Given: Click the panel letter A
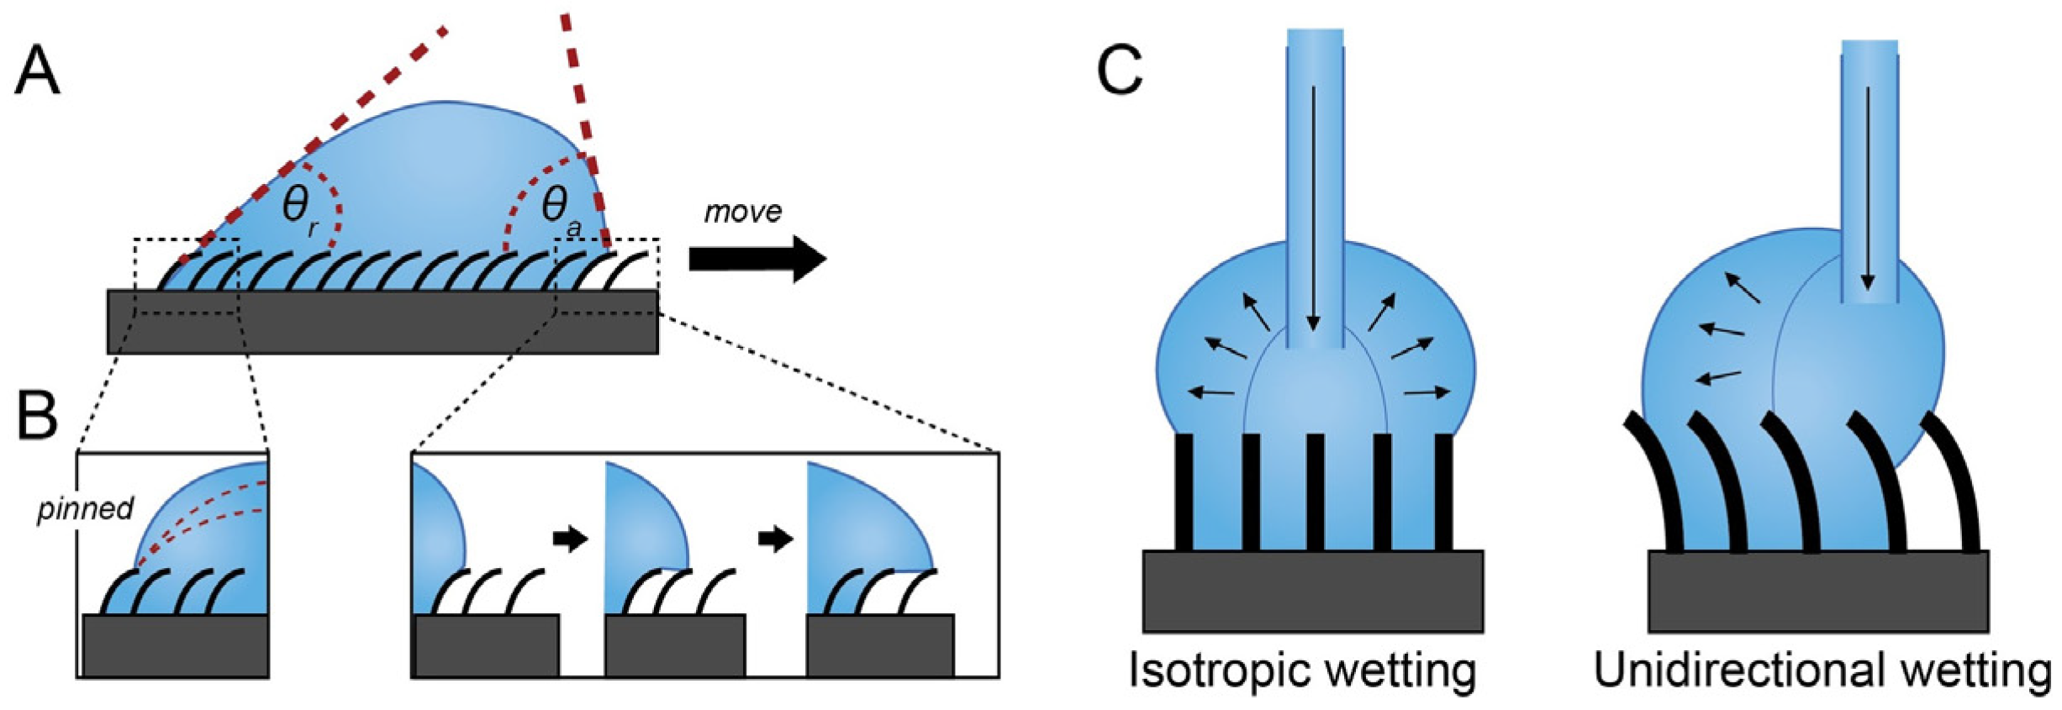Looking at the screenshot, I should click(x=38, y=71).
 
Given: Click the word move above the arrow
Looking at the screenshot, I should click(x=742, y=212).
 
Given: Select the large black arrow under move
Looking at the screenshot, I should click(x=757, y=259).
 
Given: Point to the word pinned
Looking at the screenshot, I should click(x=85, y=509).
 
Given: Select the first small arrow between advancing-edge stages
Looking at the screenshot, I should click(x=570, y=538).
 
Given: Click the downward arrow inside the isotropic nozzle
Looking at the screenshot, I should click(x=1314, y=210).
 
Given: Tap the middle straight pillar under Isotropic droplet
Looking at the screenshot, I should click(x=1316, y=492).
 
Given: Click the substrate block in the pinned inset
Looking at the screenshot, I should click(x=175, y=644).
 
